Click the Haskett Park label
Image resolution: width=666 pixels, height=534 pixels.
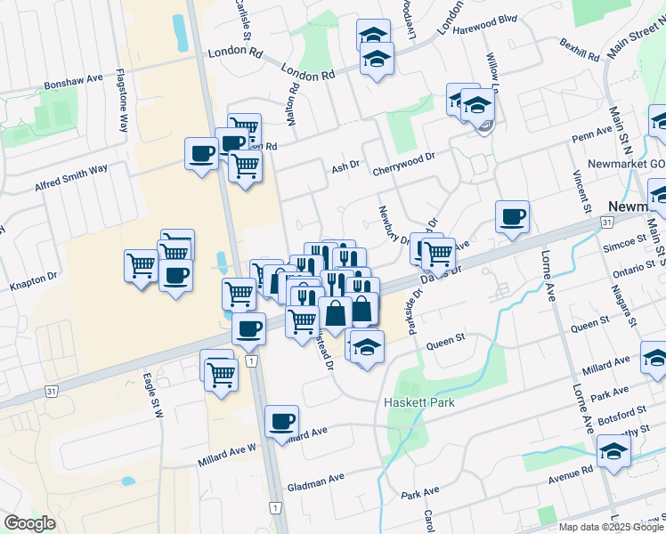tap(419, 402)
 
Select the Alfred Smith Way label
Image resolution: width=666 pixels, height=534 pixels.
tap(71, 177)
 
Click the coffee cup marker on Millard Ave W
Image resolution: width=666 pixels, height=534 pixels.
tap(282, 421)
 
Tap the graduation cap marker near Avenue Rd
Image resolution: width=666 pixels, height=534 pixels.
tap(613, 450)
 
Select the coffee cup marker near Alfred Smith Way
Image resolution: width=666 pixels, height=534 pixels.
tap(202, 153)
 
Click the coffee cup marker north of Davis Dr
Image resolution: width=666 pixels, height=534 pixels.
tap(513, 216)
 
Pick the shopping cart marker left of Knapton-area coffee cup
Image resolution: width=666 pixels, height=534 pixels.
tap(141, 265)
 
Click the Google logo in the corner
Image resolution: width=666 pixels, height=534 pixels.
tap(29, 523)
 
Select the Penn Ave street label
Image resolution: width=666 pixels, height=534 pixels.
tap(593, 133)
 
